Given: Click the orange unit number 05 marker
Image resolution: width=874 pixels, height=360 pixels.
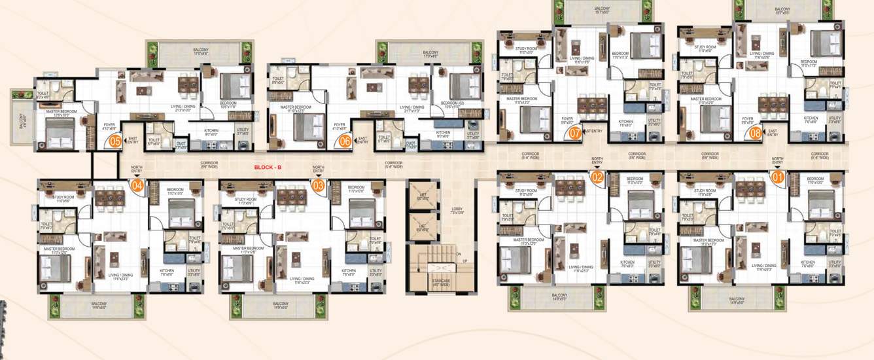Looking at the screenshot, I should (114, 139).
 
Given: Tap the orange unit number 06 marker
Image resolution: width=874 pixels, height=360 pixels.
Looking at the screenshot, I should (344, 139).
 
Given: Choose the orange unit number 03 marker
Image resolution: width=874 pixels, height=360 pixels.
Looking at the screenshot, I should (318, 186).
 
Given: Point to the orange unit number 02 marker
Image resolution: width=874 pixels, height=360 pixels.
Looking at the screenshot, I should (597, 176).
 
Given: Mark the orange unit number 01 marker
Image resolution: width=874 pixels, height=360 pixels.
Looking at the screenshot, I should (778, 176).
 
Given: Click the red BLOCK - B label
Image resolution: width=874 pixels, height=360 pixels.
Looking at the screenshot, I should (268, 168).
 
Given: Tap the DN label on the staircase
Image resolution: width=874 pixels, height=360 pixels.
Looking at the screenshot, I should (460, 254).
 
